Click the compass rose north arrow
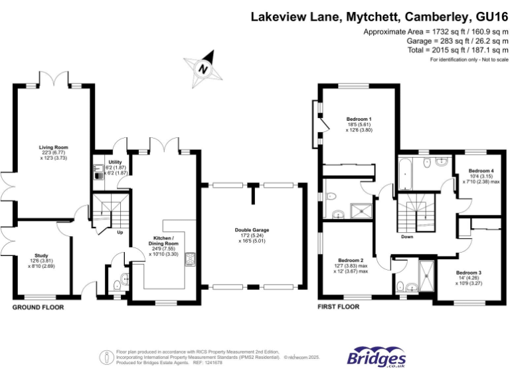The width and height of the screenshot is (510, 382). pos(205,68)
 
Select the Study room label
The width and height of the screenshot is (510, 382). pos(42,255)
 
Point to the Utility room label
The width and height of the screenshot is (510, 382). pos(115,161)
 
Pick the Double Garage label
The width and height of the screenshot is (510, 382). pos(252,230)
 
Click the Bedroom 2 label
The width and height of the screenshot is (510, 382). pos(351,260)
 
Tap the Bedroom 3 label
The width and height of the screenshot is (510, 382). pos(467,273)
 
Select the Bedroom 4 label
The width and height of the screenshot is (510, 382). pos(481,170)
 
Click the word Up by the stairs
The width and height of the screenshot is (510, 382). pos(120,233)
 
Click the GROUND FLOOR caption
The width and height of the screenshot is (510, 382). pos(38,308)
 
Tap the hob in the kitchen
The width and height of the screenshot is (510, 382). pos(190,259)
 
